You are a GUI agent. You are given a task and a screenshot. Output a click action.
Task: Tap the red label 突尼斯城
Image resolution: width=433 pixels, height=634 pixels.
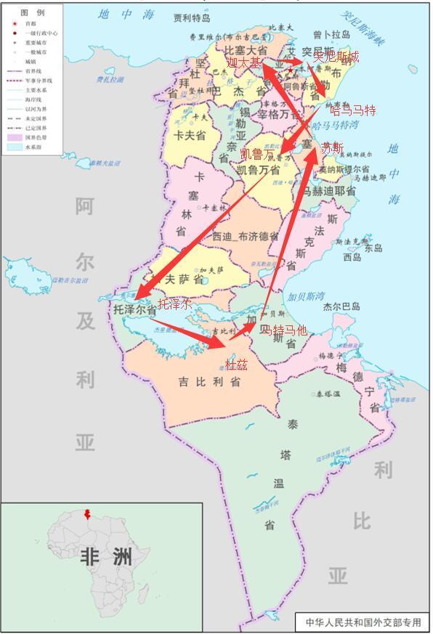point(335,57)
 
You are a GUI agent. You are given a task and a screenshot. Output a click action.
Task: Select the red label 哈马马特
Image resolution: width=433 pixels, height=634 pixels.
point(353,110)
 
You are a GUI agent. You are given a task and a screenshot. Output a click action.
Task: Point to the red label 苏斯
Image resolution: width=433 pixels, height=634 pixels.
point(332,147)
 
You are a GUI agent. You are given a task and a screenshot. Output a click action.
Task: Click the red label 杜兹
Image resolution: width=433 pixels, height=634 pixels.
point(236,364)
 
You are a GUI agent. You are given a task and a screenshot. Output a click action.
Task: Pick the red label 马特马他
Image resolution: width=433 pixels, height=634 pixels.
point(284,330)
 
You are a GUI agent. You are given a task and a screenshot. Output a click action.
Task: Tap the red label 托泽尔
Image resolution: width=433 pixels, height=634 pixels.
point(175,304)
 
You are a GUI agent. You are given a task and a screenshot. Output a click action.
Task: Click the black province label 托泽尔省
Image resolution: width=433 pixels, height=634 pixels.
point(134,310)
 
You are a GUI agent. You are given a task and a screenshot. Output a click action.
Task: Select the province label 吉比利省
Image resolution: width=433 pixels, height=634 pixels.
point(209,382)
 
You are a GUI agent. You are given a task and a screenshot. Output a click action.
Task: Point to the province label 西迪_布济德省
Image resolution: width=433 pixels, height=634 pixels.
point(245,237)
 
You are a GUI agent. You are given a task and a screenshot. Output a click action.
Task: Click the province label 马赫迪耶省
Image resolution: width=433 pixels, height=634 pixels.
point(329,192)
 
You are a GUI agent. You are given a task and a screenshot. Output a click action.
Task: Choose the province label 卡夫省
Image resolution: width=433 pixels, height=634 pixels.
point(190,135)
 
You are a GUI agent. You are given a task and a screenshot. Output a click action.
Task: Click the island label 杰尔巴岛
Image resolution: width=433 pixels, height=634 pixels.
point(341,306)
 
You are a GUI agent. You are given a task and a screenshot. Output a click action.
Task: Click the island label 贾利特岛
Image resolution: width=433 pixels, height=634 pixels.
point(193,17)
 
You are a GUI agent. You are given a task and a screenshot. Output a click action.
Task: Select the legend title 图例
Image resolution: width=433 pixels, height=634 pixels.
point(32,13)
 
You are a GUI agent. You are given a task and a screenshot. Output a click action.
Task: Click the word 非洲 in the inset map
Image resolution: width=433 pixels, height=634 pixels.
point(106,558)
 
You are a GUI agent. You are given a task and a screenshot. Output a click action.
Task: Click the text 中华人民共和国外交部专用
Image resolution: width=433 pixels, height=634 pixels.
point(363,622)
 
